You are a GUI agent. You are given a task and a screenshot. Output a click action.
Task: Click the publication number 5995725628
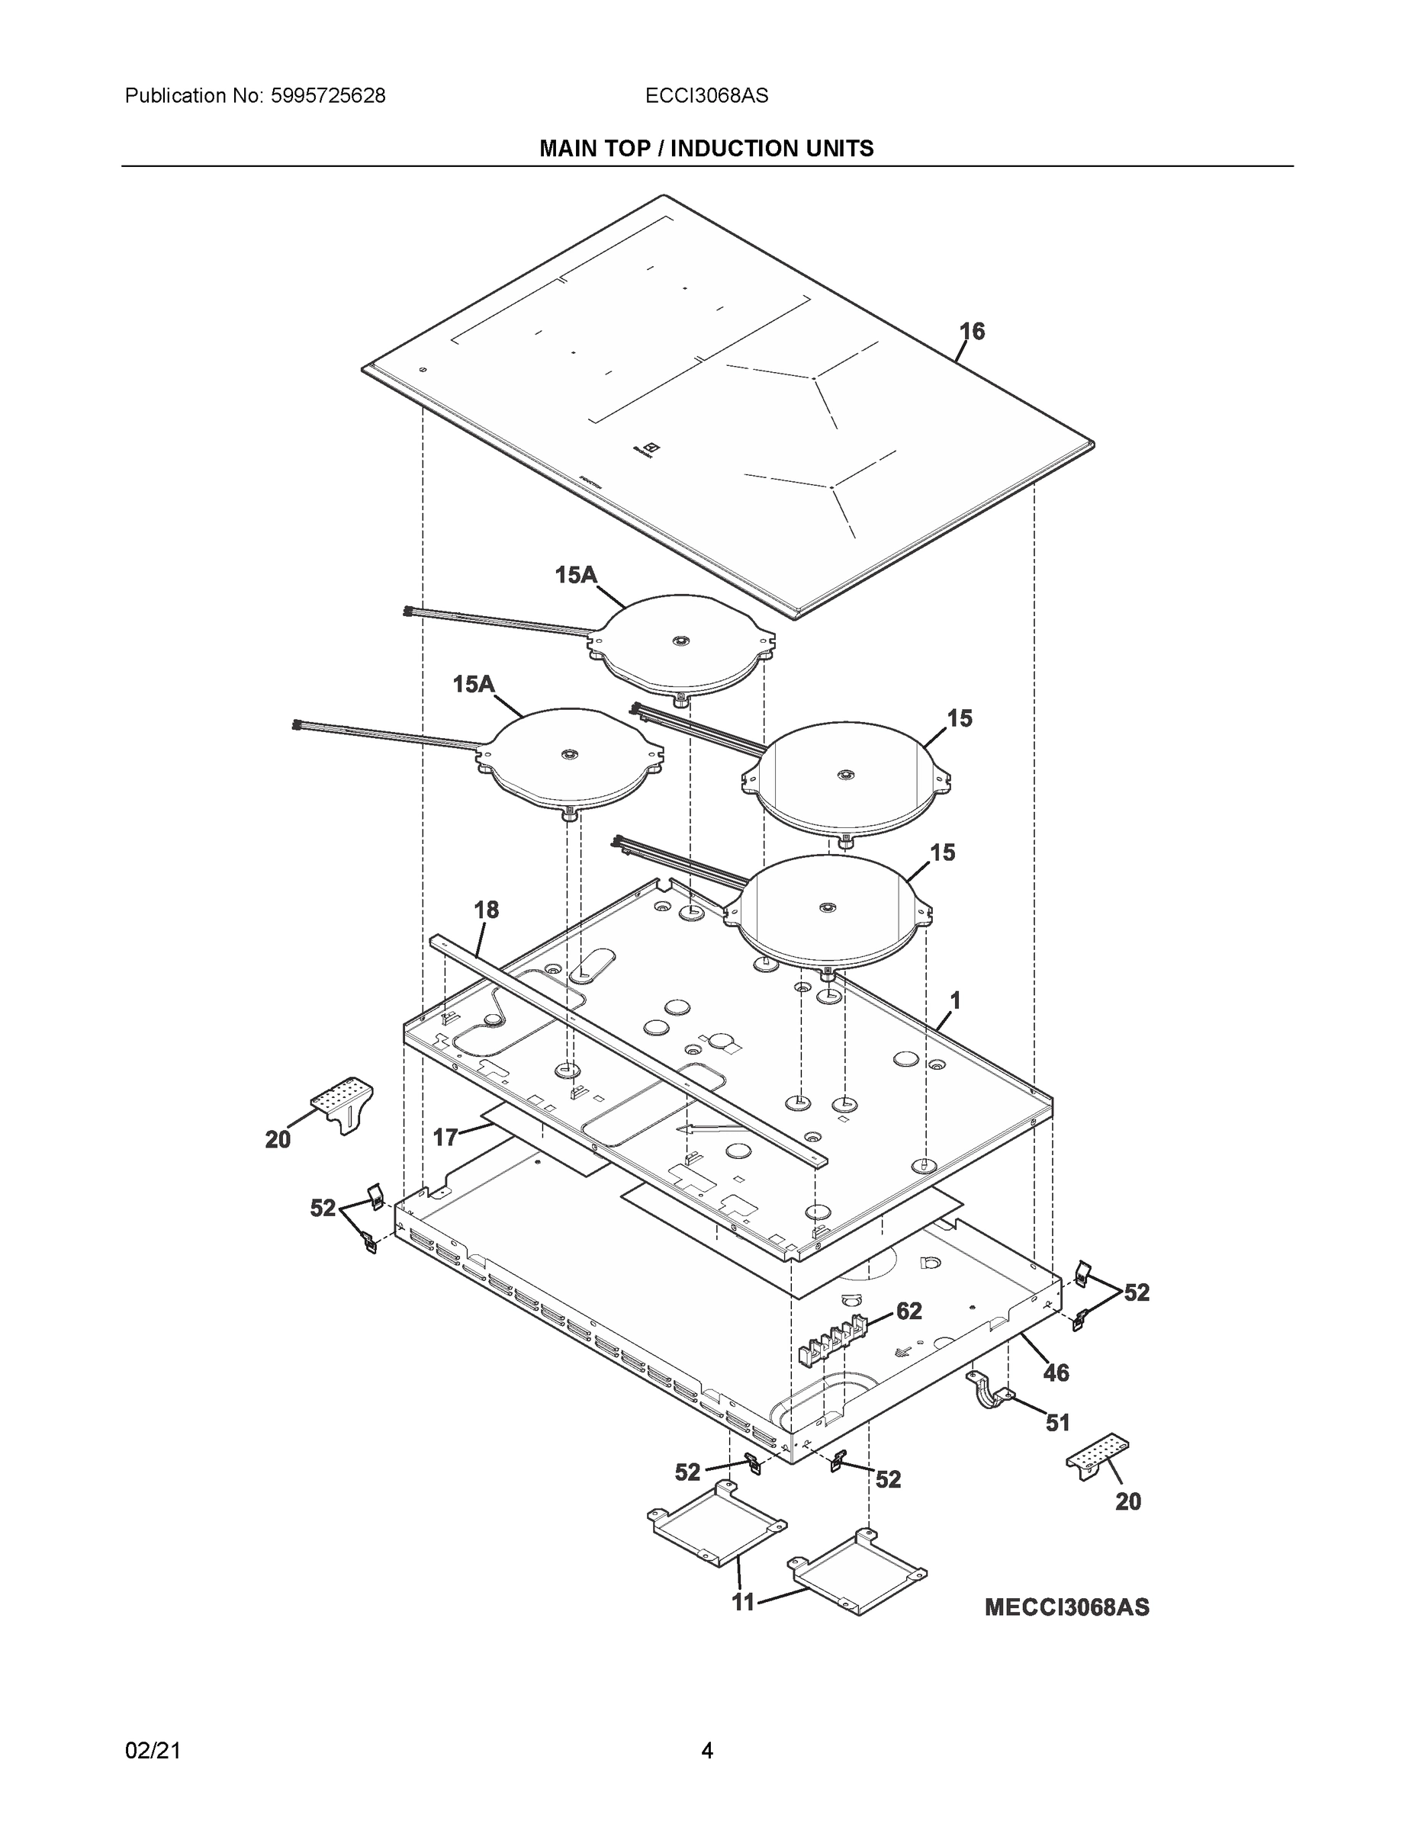[x=328, y=96]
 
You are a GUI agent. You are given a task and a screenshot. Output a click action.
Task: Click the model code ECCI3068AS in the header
[x=706, y=96]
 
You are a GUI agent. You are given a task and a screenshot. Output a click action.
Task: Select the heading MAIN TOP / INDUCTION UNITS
[x=706, y=149]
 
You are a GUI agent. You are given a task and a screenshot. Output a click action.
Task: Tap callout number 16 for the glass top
[x=973, y=332]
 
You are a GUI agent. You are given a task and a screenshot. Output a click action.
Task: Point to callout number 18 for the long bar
[x=486, y=910]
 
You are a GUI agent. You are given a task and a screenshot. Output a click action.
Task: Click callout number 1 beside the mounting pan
[x=955, y=1000]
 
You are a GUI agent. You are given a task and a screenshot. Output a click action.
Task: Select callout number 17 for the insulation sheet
[x=445, y=1137]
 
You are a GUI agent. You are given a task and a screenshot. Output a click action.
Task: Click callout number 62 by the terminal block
[x=908, y=1311]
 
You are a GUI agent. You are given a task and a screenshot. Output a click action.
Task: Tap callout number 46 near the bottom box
[x=1056, y=1372]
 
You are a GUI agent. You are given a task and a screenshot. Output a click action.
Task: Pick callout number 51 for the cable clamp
[x=1058, y=1422]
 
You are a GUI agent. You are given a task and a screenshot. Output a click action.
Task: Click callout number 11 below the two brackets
[x=744, y=1602]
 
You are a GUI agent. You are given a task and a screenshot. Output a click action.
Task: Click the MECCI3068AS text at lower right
[x=1066, y=1607]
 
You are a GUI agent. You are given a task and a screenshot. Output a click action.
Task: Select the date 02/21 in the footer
[x=153, y=1751]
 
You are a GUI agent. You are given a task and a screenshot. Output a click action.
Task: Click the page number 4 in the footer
[x=706, y=1751]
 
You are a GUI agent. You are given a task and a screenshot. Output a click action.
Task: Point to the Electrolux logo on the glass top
[x=645, y=449]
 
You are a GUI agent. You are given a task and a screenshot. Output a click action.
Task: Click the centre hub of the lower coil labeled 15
[x=828, y=908]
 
